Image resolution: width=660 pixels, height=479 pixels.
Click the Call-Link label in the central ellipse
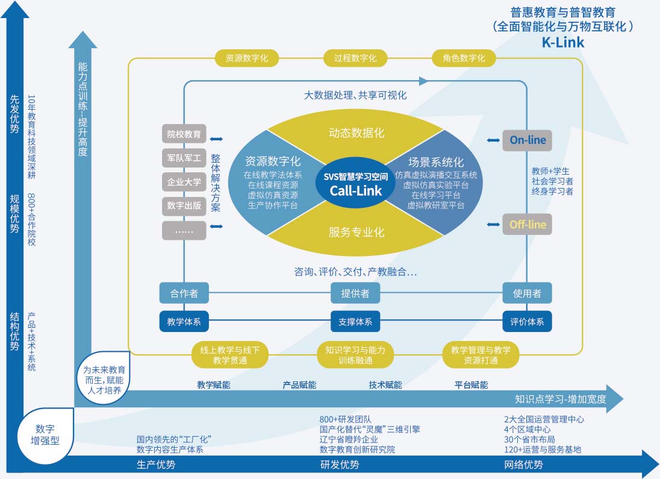point(356,190)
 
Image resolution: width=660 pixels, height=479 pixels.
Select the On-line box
point(528,140)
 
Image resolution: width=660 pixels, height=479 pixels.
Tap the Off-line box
point(528,225)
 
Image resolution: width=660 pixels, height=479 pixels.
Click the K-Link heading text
point(562,43)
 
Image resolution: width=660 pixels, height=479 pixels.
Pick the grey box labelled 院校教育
point(184,134)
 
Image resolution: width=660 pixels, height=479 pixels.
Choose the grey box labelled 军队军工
point(184,158)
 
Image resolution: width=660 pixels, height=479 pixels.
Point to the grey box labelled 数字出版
point(184,206)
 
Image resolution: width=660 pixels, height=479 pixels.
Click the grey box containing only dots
point(184,230)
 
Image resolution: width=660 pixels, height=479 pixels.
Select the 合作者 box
point(184,293)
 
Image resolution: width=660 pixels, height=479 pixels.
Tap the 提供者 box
point(356,293)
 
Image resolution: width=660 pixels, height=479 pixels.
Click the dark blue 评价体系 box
point(528,322)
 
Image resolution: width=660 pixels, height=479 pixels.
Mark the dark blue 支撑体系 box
point(356,322)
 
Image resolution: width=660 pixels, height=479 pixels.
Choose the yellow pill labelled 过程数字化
point(355,58)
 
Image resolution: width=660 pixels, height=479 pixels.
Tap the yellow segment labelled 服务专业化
point(356,232)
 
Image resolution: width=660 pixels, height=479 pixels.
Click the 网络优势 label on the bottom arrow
point(523,465)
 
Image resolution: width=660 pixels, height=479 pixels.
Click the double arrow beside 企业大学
point(216,182)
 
